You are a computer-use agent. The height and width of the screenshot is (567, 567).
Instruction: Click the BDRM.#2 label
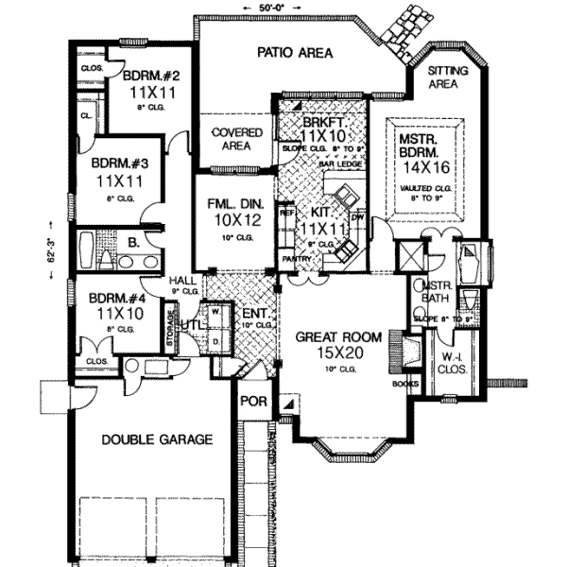[144, 77]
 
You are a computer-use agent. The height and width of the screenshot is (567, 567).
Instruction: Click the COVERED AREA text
[231, 140]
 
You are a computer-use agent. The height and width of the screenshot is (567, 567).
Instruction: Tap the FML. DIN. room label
[226, 203]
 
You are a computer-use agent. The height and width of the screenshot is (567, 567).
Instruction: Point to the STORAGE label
[170, 326]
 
